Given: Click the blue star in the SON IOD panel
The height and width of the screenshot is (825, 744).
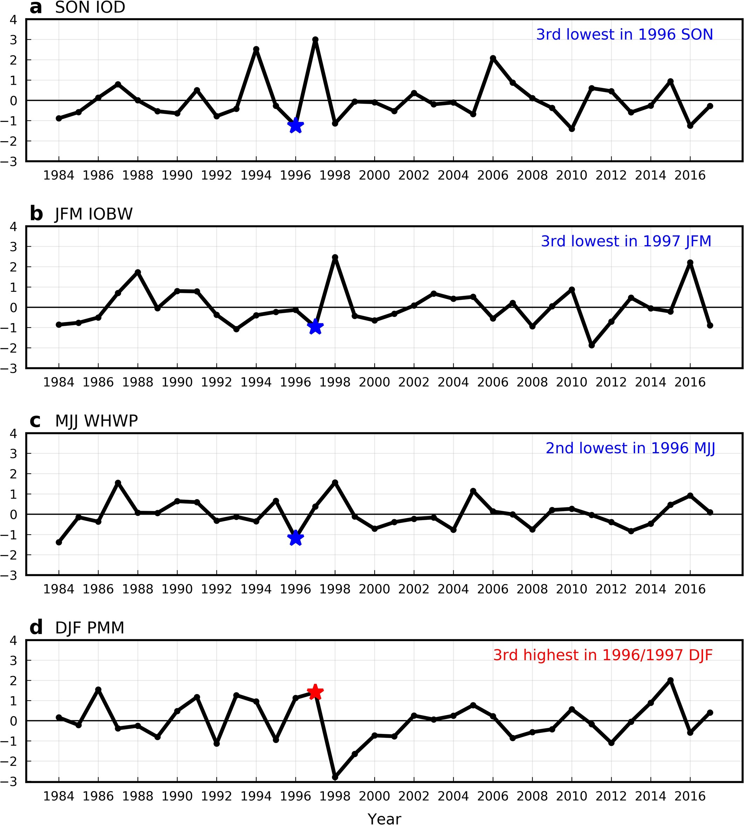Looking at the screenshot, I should pos(295,126).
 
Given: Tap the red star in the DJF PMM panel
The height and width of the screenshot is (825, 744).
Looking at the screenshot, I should pos(315,692).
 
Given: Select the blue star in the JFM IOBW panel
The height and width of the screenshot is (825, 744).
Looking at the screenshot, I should pos(315,327).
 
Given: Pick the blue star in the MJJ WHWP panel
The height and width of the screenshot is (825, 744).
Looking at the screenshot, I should pos(295,538).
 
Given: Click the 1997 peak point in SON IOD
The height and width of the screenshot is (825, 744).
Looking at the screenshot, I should pos(315,40).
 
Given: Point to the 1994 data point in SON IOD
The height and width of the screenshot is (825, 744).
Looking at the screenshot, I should pos(256,49).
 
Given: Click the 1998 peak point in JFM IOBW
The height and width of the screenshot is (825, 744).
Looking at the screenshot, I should pos(335,257).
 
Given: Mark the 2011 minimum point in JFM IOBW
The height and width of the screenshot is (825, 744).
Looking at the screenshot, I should pos(591,345).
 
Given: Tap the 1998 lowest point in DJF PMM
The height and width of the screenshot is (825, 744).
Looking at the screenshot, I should pos(335,777).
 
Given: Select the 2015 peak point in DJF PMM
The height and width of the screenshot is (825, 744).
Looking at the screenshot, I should pos(670,680).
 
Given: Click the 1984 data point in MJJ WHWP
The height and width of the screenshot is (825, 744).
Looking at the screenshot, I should pos(59,542).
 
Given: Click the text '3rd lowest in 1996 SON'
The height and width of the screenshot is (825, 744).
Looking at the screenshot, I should pos(624,34).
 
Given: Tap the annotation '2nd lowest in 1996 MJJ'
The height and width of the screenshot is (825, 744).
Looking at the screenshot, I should pos(630,448).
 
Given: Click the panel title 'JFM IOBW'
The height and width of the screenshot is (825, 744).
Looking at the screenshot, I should pos(93,214).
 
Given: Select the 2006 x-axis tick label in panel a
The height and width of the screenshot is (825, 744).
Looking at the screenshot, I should pos(493,176).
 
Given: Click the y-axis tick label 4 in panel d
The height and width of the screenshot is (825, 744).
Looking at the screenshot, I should pos(14,640).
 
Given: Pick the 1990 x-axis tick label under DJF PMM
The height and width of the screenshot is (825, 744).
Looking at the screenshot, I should pos(177,796).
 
